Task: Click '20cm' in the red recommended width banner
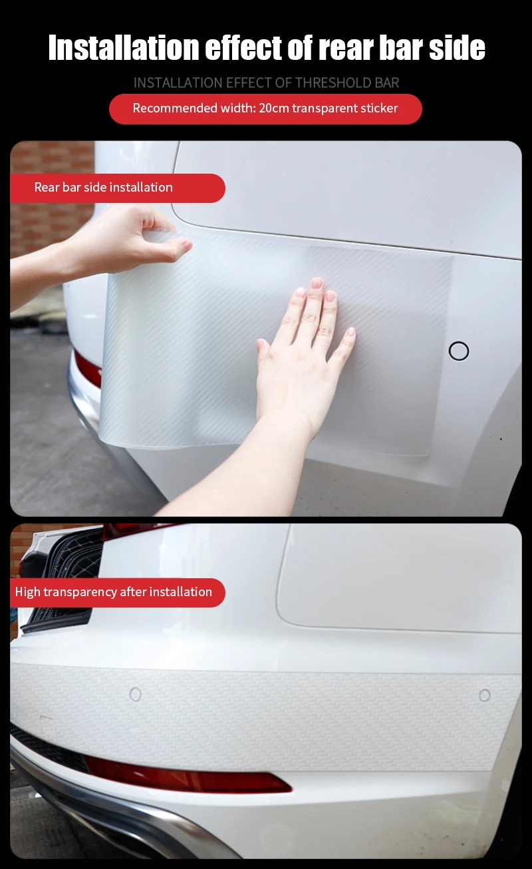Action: [x=274, y=108]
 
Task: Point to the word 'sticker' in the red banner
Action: [x=377, y=108]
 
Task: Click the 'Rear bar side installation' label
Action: [x=104, y=188]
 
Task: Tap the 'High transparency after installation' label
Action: [x=114, y=592]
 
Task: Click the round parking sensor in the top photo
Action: [x=459, y=351]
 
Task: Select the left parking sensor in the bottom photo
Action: [x=136, y=694]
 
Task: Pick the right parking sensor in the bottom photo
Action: [x=485, y=695]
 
